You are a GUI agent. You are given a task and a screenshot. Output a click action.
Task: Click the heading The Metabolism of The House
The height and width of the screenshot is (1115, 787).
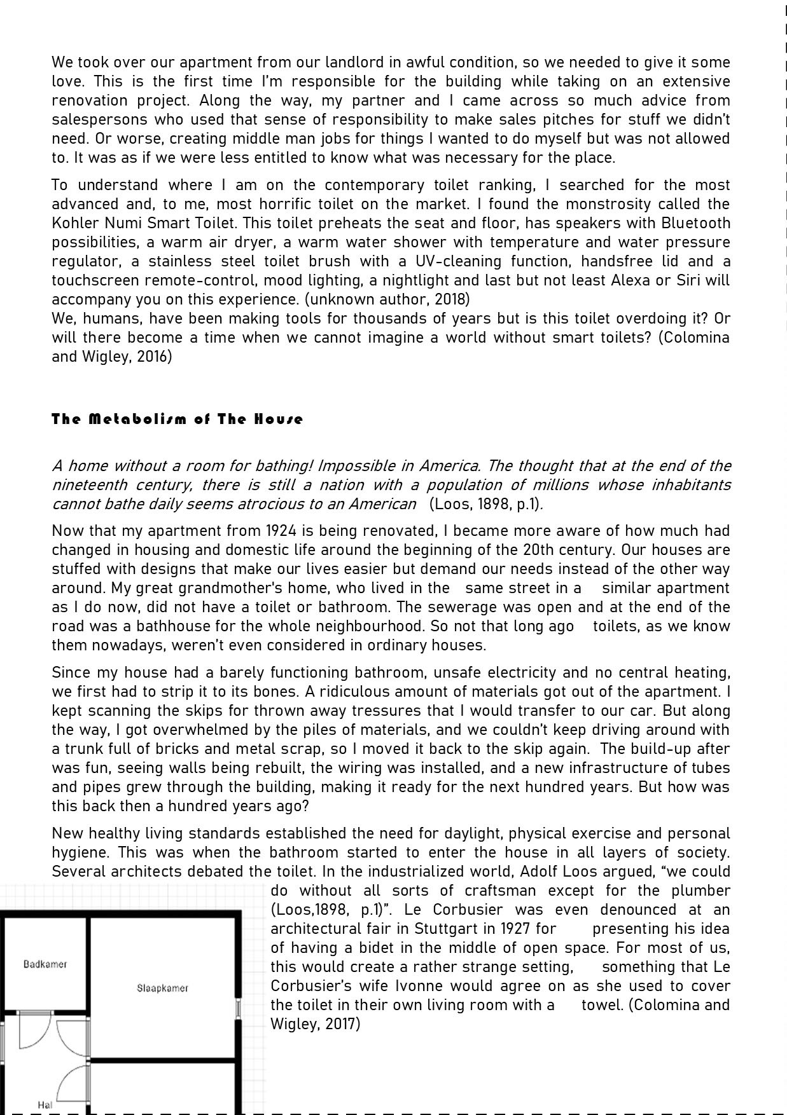177,419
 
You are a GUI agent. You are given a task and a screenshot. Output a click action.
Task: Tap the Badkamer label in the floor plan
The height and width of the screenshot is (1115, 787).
45,964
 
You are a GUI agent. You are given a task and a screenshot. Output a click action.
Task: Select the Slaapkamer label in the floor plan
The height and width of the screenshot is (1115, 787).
162,988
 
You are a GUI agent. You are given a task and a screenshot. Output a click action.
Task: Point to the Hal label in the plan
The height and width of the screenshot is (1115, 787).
45,1105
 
